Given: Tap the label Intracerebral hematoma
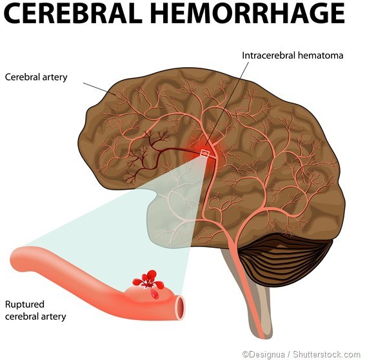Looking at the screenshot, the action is click(293, 55).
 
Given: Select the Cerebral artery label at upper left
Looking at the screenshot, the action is click(36, 77).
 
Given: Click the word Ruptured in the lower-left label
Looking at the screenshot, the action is click(25, 305).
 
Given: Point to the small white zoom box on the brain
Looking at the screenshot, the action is click(205, 153).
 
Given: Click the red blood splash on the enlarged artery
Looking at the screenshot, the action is click(148, 280).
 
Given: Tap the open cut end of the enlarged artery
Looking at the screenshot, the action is click(181, 307).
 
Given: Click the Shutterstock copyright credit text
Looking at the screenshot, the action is click(301, 354).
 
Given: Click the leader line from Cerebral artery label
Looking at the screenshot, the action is click(99, 89).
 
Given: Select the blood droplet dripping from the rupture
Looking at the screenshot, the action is click(155, 295).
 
